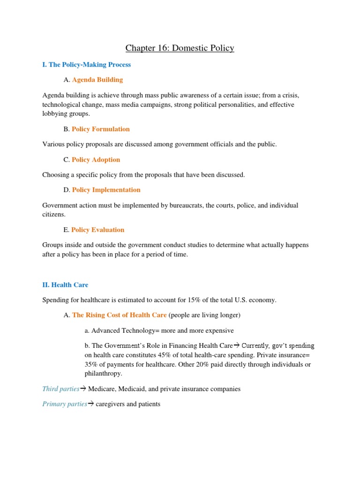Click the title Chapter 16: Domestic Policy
point(180,48)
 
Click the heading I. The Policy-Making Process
point(86,65)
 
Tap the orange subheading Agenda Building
point(97,80)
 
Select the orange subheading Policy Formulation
point(101,129)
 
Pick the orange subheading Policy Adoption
point(96,159)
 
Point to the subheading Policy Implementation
point(106,190)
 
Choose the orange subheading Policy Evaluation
point(98,230)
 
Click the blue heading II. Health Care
point(65,285)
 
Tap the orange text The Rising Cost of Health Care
point(120,315)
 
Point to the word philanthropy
point(104,374)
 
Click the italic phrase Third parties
point(60,389)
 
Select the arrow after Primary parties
point(91,404)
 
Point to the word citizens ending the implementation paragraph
point(53,214)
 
